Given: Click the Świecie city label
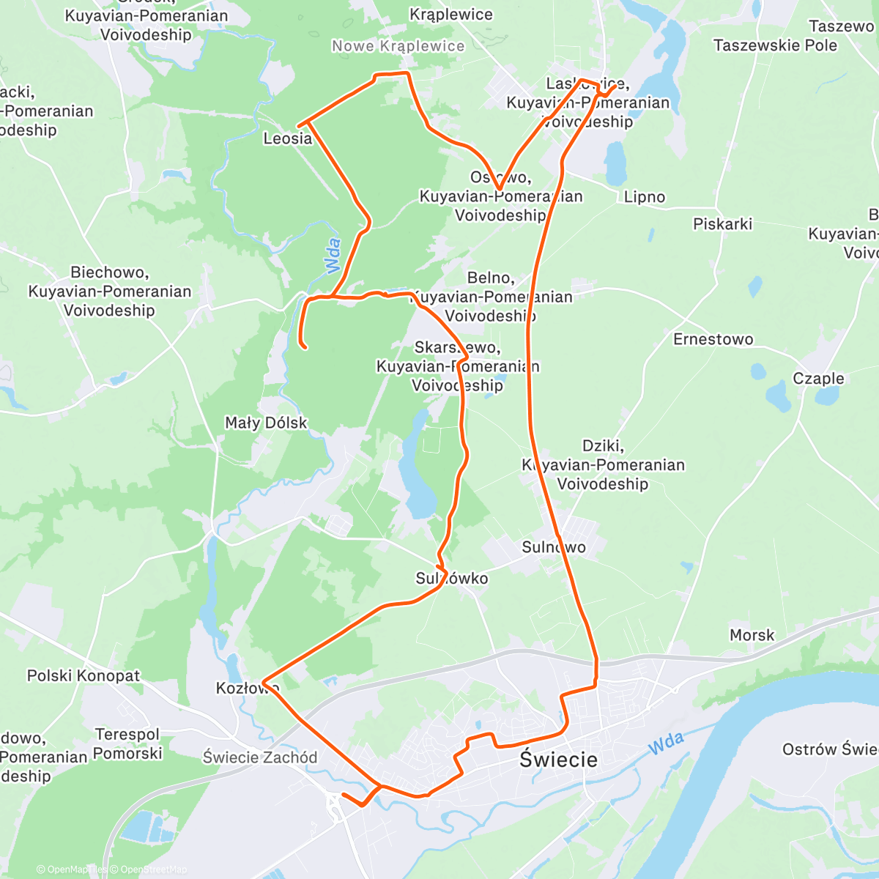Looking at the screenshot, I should (558, 760).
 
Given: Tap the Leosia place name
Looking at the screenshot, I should (288, 138).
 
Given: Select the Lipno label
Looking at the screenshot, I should (645, 197).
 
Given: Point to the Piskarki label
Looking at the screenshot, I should (722, 224).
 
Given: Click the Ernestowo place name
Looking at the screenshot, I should (713, 339).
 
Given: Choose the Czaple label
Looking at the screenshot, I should (818, 379).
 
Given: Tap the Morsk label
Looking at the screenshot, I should (752, 635).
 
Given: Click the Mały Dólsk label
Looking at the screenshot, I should (266, 423).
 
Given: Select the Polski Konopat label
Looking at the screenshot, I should (84, 675).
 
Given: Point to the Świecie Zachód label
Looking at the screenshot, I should (260, 757).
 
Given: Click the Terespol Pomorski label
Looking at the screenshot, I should (127, 743).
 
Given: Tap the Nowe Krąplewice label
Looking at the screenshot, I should (398, 46).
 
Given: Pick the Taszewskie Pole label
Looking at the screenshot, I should (775, 45).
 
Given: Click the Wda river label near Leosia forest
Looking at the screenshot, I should (333, 256).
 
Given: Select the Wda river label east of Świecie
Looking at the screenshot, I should (666, 743).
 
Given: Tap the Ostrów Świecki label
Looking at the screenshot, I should (830, 749).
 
